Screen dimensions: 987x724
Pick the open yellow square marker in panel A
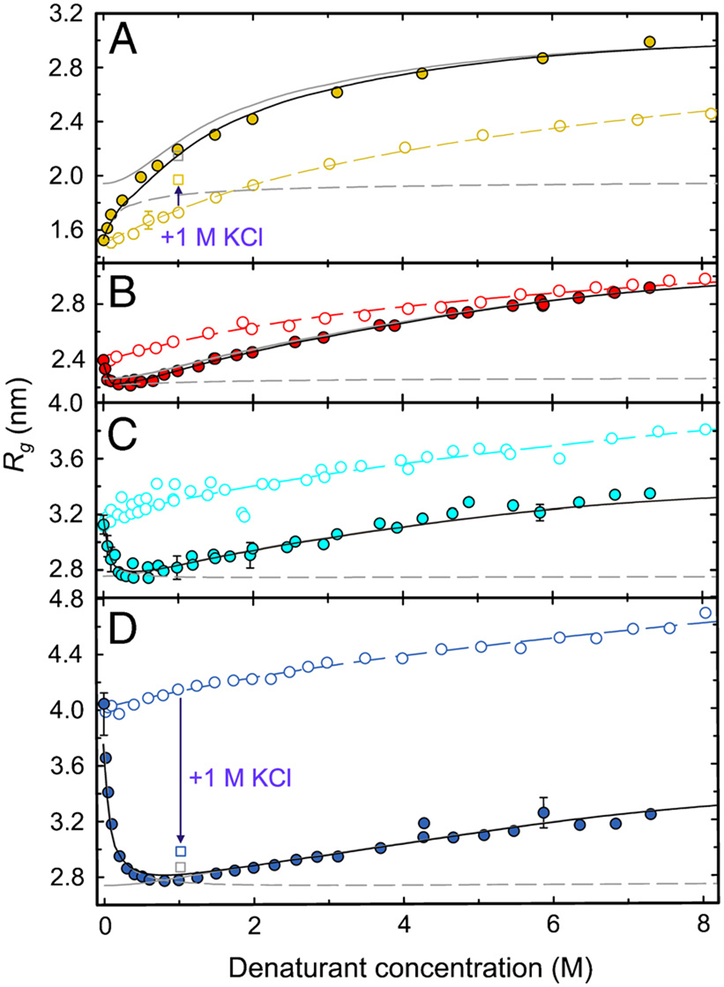[178, 180]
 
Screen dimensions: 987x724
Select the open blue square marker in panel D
[181, 851]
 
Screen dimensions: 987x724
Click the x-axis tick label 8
[703, 925]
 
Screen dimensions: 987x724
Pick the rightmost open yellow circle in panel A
[710, 114]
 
